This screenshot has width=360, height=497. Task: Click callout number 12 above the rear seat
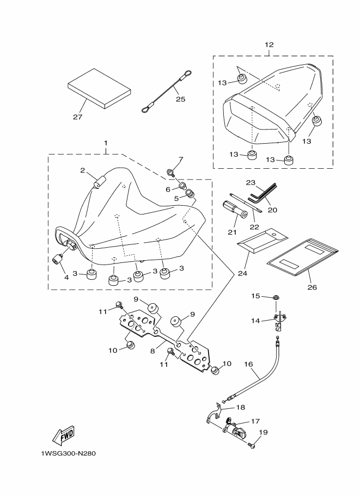[270, 44]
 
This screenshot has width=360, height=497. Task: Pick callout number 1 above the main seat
[105, 143]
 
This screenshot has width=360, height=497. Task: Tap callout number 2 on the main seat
[83, 170]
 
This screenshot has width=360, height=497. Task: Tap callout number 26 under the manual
[312, 286]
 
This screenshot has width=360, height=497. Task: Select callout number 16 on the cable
[248, 364]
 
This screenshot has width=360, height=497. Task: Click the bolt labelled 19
[251, 446]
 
